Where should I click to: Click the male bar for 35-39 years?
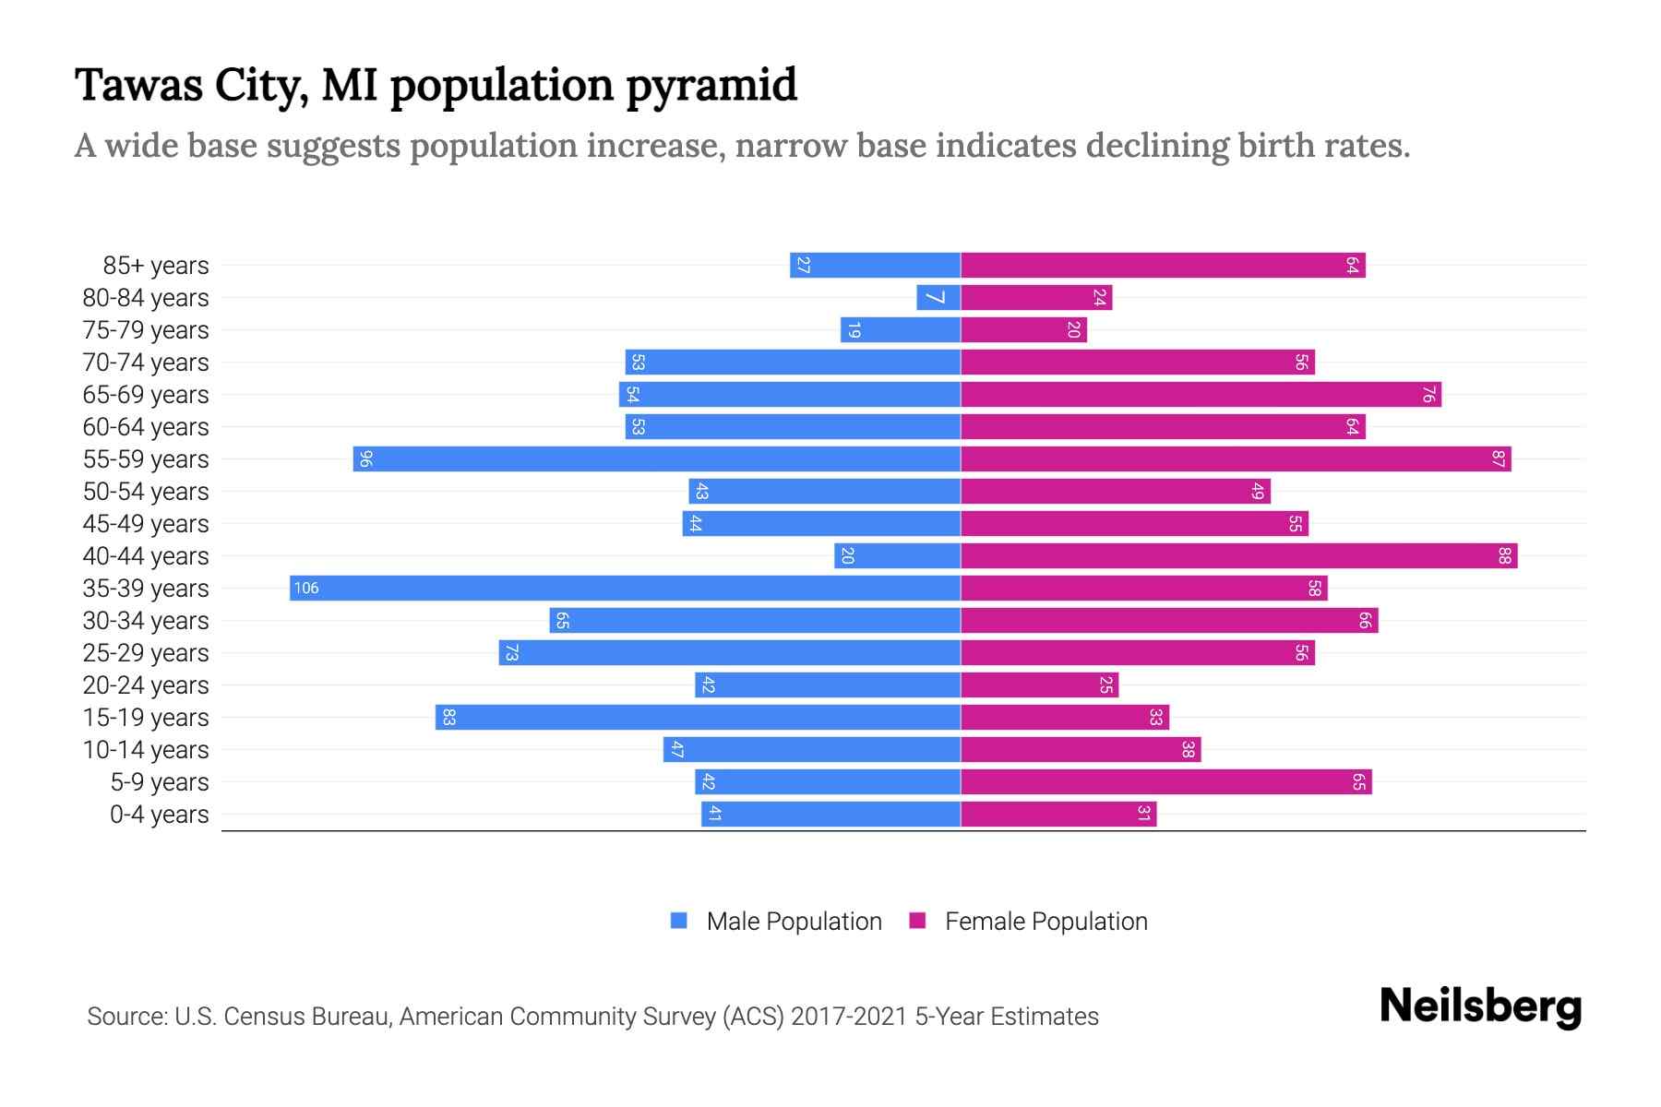pos(625,589)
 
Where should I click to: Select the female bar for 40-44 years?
pos(1238,556)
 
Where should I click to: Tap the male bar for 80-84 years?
pos(938,298)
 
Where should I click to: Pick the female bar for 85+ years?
pos(1163,266)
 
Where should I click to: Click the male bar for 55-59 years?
pos(656,459)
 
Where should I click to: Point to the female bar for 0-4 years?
pos(1058,815)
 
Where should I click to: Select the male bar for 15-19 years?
pos(698,718)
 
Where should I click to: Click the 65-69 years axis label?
pos(146,395)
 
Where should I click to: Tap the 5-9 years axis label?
pos(159,782)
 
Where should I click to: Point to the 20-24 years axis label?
pos(146,685)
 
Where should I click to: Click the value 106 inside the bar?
pos(306,589)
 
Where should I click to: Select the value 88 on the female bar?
pos(1505,556)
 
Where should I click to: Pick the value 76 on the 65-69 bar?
pos(1428,395)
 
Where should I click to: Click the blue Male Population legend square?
pos(679,921)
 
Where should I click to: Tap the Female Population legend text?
pos(1046,921)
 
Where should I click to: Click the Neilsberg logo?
pos(1480,1006)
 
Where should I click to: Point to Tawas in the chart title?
pos(138,86)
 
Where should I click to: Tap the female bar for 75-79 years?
pos(1023,330)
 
